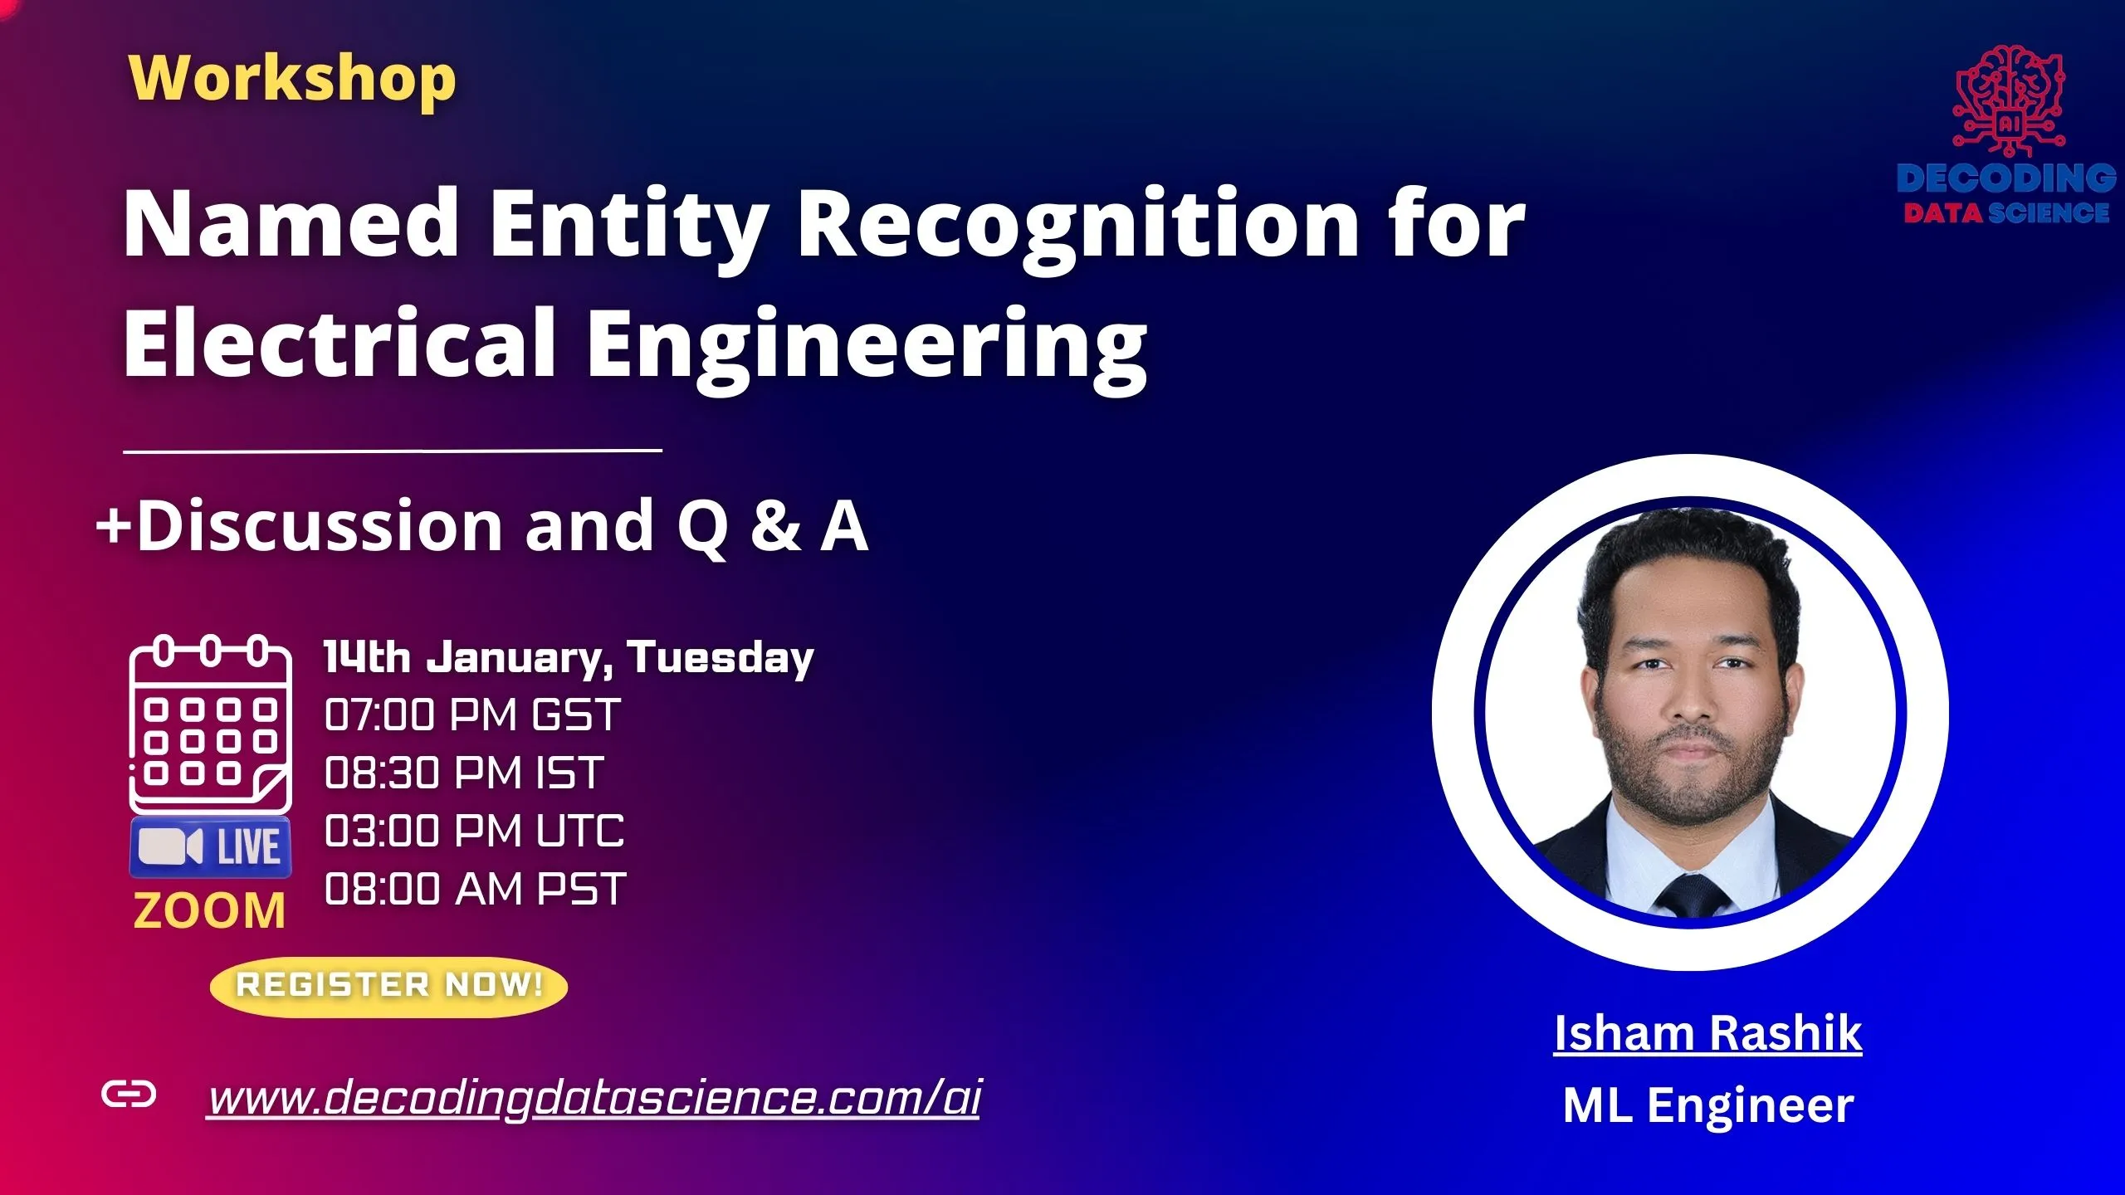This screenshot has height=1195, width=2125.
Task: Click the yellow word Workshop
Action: tap(292, 79)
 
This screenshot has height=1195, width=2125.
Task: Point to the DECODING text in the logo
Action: tap(2005, 178)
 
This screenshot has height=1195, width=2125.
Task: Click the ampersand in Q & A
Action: tap(776, 526)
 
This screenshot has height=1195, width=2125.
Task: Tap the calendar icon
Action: tap(210, 724)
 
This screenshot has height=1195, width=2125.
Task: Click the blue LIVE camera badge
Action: tap(210, 847)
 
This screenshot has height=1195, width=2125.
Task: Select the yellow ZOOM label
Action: tap(209, 910)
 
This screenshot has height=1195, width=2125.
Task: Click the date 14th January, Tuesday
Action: tap(569, 658)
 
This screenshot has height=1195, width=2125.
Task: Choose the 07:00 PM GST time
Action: tap(471, 715)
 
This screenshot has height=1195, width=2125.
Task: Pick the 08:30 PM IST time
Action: tap(463, 773)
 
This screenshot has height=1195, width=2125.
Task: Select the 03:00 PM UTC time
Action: tap(474, 831)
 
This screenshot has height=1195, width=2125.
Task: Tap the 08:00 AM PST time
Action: tap(475, 889)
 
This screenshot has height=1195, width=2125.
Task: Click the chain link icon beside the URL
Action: tap(128, 1095)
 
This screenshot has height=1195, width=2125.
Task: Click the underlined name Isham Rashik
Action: tap(1707, 1033)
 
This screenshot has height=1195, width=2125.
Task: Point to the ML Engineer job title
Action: tap(1707, 1105)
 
